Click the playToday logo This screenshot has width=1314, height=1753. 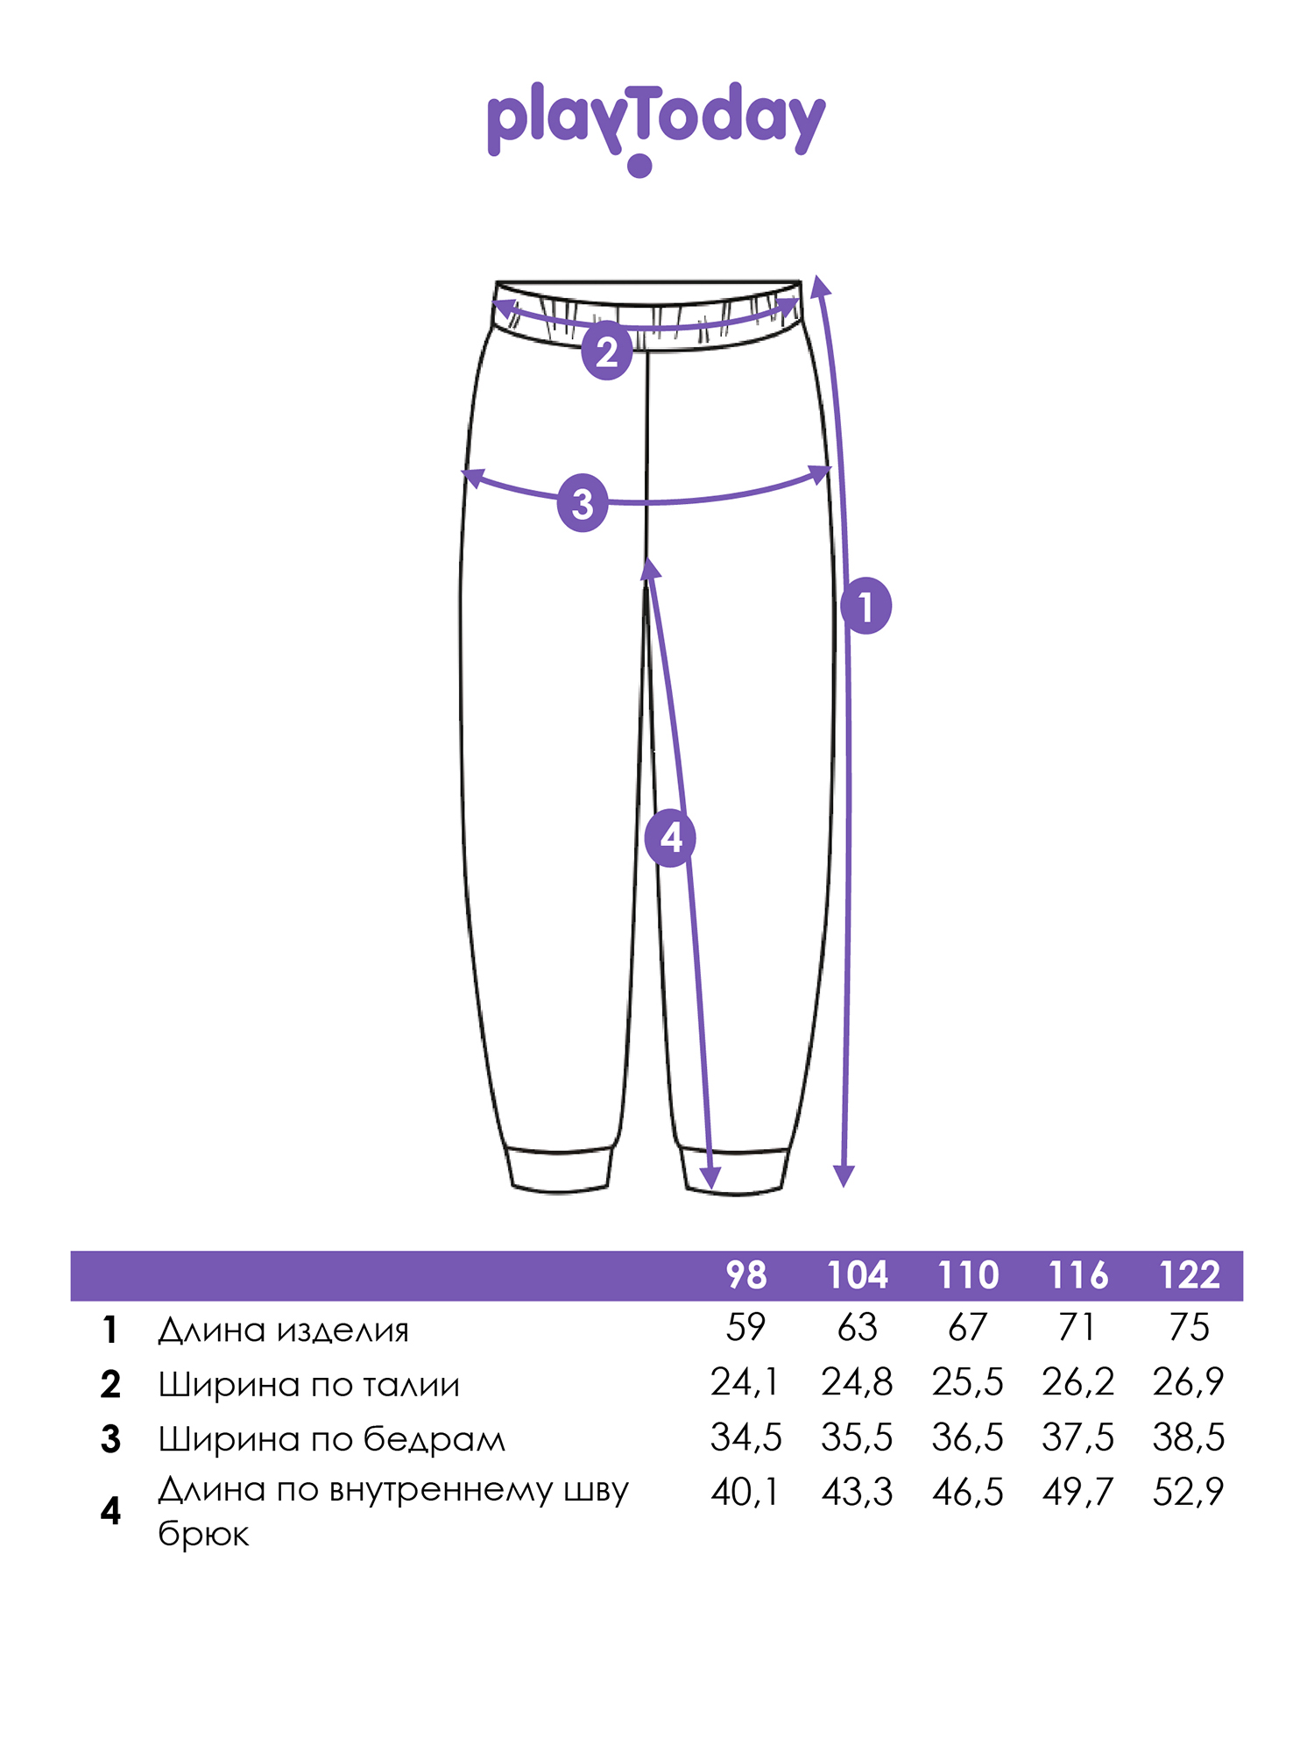pos(656,128)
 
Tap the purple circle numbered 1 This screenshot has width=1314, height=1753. pos(865,606)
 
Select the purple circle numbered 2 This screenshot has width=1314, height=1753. pos(606,352)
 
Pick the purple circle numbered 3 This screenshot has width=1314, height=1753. pos(583,504)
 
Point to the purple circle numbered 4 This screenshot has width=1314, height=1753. pos(670,838)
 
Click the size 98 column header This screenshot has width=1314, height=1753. pos(746,1275)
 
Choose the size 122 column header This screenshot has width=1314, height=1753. pos(1189,1275)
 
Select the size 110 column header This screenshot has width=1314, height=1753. pos(968,1275)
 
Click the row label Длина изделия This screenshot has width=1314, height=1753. pos(283,1331)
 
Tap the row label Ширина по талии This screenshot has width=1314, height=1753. pos(308,1385)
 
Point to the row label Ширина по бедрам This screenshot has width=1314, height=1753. pos(331,1439)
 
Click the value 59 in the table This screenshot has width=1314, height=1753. pos(745,1328)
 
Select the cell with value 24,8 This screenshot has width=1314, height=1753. pos(857,1383)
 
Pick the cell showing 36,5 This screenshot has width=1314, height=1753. pos(967,1437)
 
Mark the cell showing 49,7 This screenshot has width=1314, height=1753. pos(1077,1492)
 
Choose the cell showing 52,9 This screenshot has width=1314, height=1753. pos(1188,1492)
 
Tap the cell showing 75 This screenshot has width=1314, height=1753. pos(1189,1328)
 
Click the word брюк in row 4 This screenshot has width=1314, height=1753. pos(203,1534)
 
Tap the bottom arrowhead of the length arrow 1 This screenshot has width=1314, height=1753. pos(844,1176)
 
